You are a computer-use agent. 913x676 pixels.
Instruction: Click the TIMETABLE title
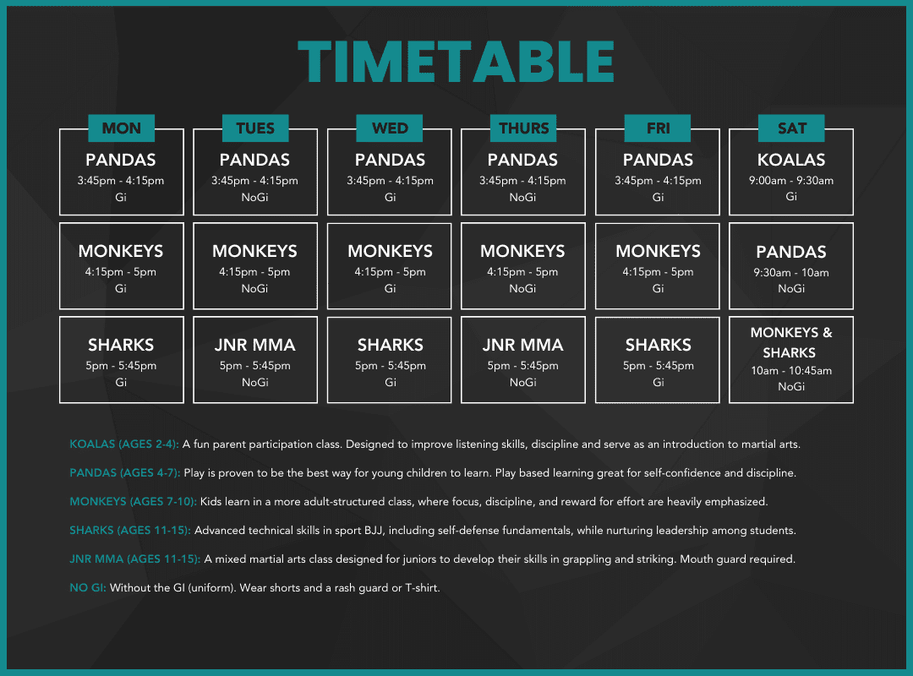tap(456, 62)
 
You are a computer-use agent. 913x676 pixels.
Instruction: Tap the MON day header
tap(121, 128)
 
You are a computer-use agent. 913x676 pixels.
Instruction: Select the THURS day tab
tap(523, 128)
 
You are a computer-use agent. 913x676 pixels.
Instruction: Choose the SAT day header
tap(791, 128)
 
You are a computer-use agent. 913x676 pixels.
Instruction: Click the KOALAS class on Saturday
tap(790, 172)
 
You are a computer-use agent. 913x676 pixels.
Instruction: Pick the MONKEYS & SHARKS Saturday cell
tap(790, 360)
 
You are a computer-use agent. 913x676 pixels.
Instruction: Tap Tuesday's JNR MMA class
tap(255, 360)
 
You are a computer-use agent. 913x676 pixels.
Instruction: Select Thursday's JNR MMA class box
tap(523, 360)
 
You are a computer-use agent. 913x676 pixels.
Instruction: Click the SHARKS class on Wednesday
tap(390, 360)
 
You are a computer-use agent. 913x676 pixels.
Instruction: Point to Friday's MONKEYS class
tap(658, 266)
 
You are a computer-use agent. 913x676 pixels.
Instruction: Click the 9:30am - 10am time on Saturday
tap(790, 272)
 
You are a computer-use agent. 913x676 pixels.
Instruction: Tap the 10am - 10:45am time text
tap(790, 370)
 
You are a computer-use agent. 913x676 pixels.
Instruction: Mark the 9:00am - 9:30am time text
tap(790, 181)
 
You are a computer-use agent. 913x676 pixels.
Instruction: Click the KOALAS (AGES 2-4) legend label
tap(124, 444)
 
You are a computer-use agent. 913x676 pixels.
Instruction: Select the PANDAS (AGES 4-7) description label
tap(124, 473)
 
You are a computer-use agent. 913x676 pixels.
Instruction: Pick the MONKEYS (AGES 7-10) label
tap(134, 501)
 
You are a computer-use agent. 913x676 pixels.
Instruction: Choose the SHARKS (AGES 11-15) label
tap(130, 531)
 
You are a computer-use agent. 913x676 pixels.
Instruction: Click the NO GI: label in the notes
tap(88, 587)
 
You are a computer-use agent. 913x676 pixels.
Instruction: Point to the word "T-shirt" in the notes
tap(422, 587)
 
